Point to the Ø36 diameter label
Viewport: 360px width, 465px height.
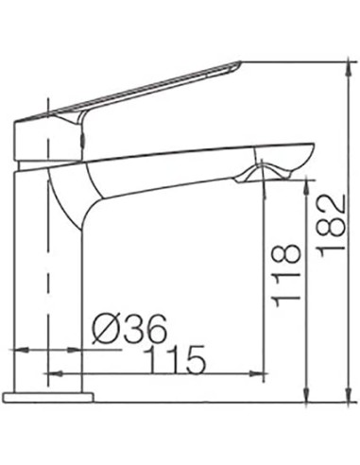click(129, 329)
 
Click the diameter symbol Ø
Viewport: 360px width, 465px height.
click(107, 329)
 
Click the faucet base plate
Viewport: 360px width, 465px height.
click(48, 397)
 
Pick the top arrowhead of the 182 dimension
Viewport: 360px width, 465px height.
click(349, 67)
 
